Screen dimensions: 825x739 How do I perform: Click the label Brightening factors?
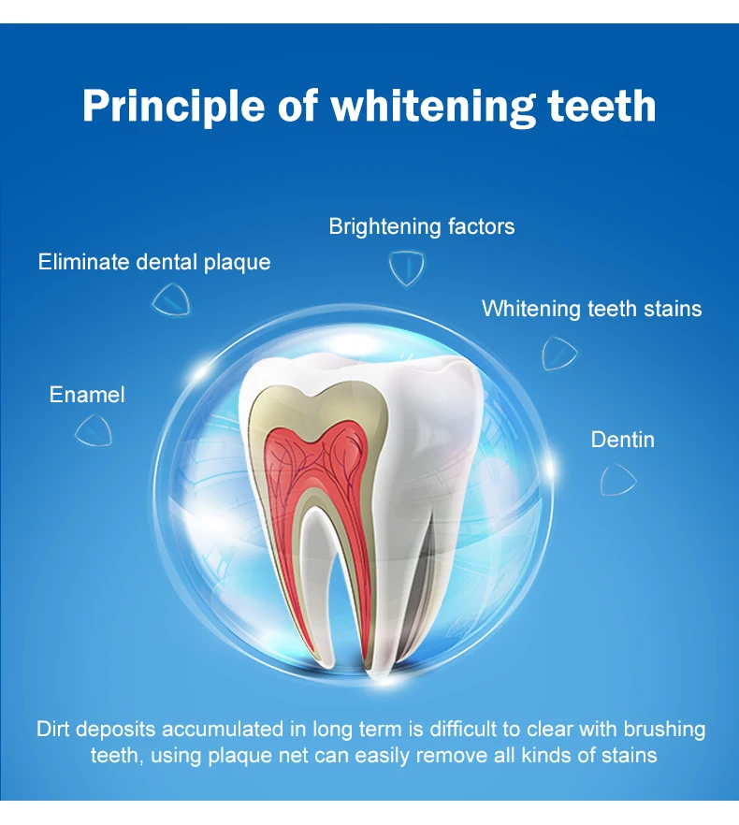tap(422, 226)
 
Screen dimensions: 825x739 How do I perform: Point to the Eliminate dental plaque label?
tap(154, 262)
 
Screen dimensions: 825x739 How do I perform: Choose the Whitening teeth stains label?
tap(591, 309)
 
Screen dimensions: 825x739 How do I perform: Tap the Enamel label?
tap(87, 395)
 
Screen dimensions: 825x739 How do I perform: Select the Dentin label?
tap(622, 440)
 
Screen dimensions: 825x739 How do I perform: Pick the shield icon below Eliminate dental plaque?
tap(171, 299)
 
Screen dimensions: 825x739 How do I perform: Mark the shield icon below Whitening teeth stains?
tap(559, 353)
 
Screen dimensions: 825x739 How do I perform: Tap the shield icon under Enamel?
tap(94, 430)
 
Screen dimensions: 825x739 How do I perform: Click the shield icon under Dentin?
tap(617, 479)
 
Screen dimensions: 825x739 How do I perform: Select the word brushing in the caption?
tap(661, 730)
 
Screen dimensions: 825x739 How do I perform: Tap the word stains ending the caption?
tap(630, 755)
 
